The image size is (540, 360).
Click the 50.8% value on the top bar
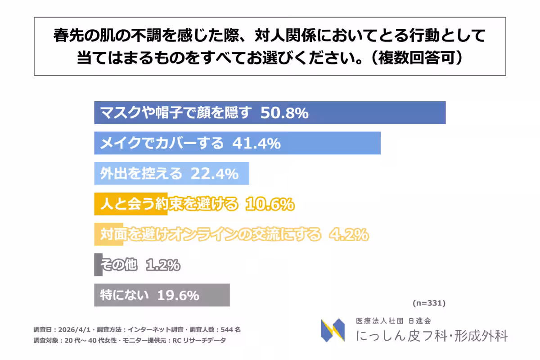click(x=284, y=113)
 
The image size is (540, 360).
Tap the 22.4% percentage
click(x=214, y=173)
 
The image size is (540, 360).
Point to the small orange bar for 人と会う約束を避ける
click(x=103, y=204)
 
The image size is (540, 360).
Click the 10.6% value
click(x=270, y=204)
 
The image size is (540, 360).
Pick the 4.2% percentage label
click(x=349, y=234)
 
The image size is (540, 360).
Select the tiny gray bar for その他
click(x=98, y=265)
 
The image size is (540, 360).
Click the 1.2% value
click(x=163, y=265)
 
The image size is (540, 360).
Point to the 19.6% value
click(x=178, y=295)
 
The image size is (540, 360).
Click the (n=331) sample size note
click(x=428, y=303)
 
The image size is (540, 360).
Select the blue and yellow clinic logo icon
click(x=333, y=330)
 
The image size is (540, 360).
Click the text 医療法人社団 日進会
click(x=393, y=321)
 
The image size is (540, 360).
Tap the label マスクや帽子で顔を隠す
click(x=175, y=113)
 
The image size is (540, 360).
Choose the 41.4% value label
click(x=256, y=143)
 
